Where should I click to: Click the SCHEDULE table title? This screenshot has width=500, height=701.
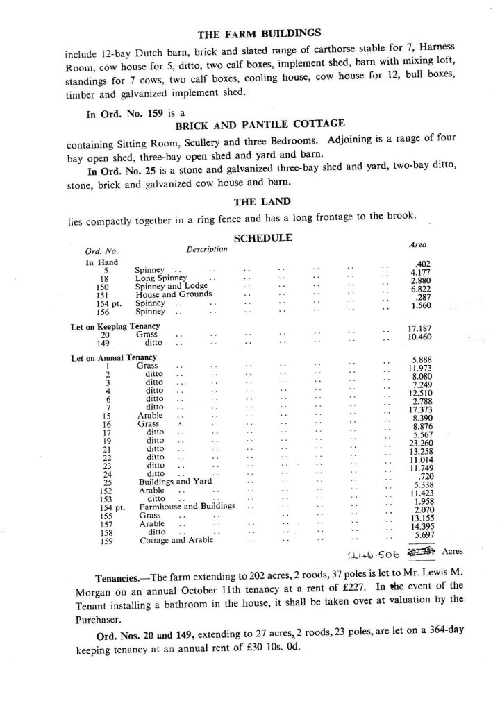point(262,237)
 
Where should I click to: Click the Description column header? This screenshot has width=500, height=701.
point(207,249)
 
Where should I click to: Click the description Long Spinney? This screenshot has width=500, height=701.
point(161,278)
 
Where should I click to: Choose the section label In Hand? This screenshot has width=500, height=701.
point(101,262)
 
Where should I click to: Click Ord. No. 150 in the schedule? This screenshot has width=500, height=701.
point(103,286)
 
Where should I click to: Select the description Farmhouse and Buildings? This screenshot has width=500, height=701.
point(187,506)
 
